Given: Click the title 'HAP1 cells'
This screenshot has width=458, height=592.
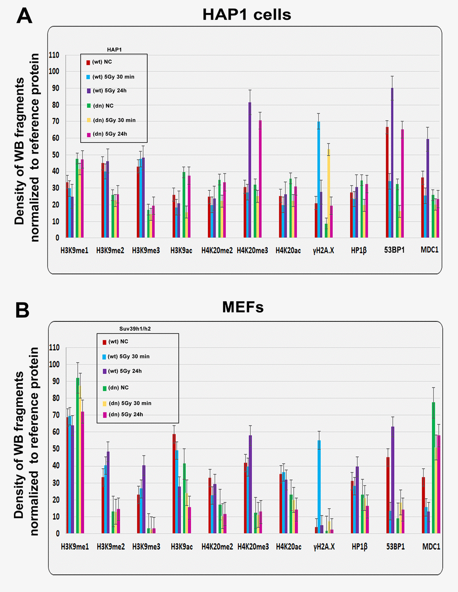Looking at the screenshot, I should (x=247, y=15).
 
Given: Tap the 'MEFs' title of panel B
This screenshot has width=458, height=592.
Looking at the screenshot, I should (x=243, y=307).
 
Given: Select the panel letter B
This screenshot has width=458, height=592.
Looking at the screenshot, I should (x=22, y=310).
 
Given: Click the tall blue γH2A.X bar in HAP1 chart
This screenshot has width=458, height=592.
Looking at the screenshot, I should (x=319, y=180).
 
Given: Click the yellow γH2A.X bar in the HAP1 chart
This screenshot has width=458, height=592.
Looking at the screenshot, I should (x=329, y=193).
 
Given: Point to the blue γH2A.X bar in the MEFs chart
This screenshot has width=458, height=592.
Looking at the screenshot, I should (x=319, y=487).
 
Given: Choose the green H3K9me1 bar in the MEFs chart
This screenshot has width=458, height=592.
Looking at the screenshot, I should (x=78, y=455).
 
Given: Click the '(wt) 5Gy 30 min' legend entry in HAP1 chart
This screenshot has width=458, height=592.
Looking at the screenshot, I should (x=113, y=77).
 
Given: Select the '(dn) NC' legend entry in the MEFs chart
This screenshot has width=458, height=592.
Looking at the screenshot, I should (x=118, y=387).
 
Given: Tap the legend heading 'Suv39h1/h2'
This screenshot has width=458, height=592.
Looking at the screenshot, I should (x=135, y=329).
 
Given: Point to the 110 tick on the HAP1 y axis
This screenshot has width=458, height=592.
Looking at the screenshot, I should (x=54, y=55).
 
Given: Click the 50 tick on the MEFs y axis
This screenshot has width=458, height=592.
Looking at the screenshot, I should (x=54, y=448).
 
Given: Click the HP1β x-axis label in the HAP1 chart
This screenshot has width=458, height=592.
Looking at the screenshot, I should (x=359, y=250).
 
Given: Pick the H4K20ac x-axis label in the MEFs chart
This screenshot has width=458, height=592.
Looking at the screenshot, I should (x=288, y=547).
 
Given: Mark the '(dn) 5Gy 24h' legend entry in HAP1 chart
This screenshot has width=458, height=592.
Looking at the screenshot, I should (x=110, y=134).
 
